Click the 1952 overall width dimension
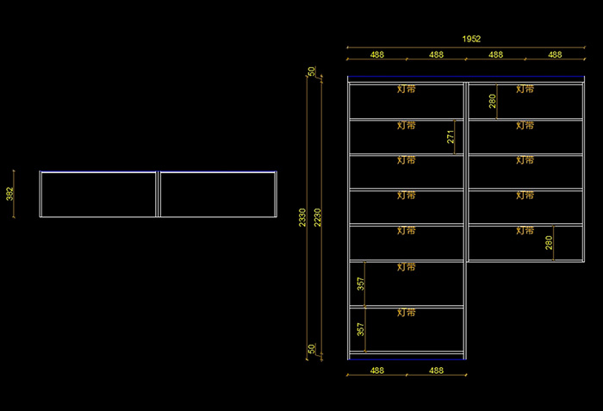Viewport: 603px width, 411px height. click(471, 39)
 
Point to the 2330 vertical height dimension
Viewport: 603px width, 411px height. click(302, 217)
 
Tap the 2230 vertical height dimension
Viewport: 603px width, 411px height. click(318, 217)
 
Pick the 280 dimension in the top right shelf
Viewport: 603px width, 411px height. click(493, 102)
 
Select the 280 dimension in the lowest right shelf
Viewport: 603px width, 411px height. click(550, 242)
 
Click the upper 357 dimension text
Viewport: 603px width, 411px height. click(361, 283)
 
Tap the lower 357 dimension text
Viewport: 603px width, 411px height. click(361, 328)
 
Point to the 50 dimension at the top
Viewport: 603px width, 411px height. click(312, 72)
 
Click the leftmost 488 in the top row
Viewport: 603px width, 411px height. click(377, 54)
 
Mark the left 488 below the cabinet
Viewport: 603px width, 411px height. click(377, 371)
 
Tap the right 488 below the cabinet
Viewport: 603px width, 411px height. click(436, 371)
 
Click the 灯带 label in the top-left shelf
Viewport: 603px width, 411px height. click(406, 89)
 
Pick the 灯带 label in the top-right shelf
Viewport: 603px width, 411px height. click(525, 89)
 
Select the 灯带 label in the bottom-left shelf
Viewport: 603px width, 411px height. click(406, 313)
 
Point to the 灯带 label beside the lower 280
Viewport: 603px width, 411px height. click(525, 230)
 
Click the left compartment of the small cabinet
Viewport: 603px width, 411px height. click(99, 195)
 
